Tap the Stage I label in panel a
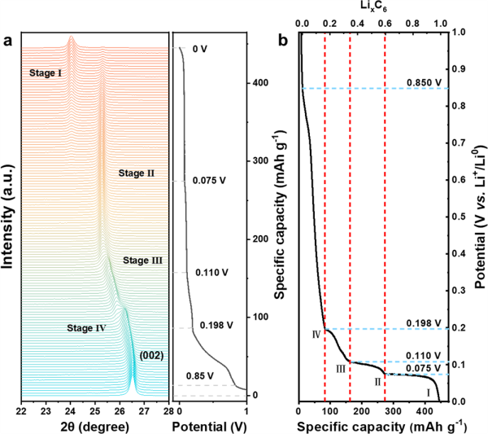click(47, 72)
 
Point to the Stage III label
click(143, 261)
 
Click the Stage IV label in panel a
click(86, 329)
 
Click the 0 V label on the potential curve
click(200, 49)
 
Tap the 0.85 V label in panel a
click(195, 375)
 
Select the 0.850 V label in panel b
click(425, 82)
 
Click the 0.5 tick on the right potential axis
click(457, 217)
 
